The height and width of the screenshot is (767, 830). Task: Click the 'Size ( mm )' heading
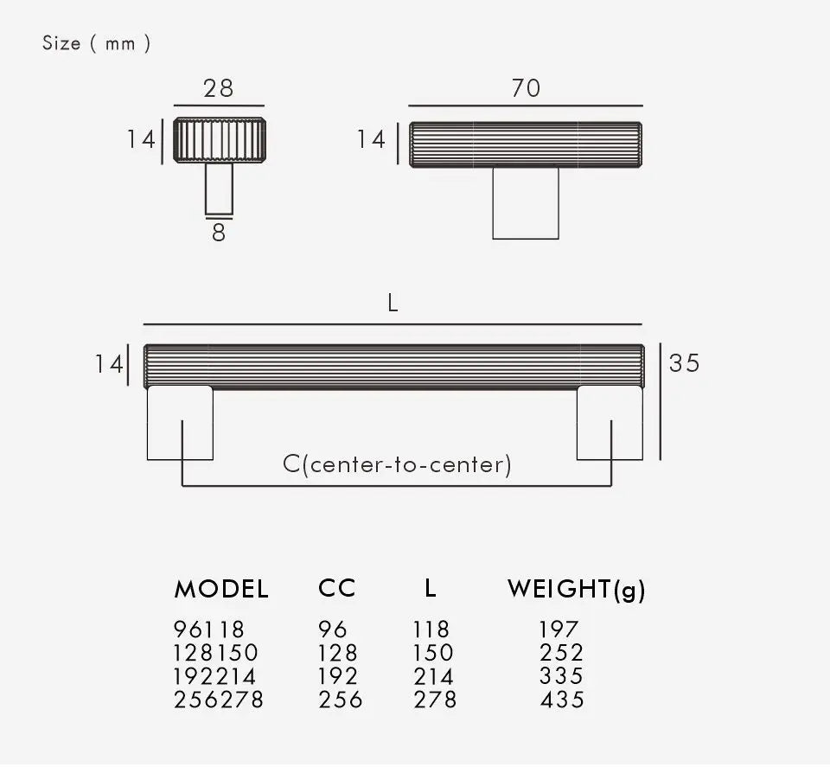point(96,43)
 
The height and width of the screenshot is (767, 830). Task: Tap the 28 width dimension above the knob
point(218,88)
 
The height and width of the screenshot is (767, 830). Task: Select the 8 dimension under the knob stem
point(219,233)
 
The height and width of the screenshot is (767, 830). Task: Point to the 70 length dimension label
point(526,88)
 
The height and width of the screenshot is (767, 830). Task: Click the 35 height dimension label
point(684,363)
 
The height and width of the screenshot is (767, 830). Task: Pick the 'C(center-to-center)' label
point(397,464)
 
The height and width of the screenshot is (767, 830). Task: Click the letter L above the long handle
point(393,304)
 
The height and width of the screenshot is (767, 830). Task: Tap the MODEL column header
point(221,589)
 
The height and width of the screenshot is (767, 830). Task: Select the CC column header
point(336,589)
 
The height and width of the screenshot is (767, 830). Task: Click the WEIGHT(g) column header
point(577,590)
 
